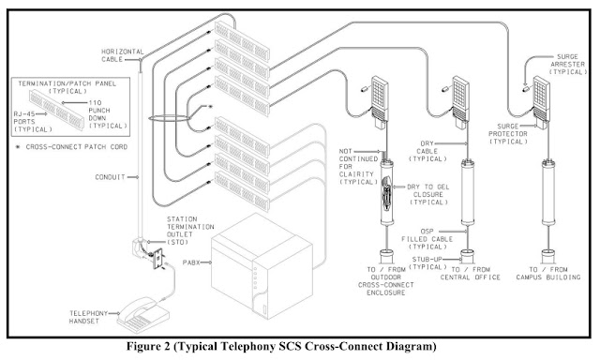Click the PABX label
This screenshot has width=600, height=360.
pyautogui.click(x=191, y=262)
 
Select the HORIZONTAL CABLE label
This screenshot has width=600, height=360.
pyautogui.click(x=123, y=55)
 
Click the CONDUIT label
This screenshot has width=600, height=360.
pyautogui.click(x=110, y=177)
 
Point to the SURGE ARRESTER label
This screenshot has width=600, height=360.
pyautogui.click(x=568, y=65)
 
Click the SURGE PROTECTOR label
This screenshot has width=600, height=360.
pyautogui.click(x=508, y=134)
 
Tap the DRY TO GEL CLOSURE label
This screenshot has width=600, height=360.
pyautogui.click(x=428, y=194)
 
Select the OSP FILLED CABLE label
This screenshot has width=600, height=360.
pyautogui.click(x=427, y=239)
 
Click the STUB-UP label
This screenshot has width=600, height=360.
pyautogui.click(x=427, y=263)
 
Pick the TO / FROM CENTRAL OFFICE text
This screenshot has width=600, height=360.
pyautogui.click(x=471, y=274)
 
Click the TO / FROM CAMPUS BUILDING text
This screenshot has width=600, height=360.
pyautogui.click(x=547, y=274)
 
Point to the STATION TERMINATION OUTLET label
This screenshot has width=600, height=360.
pyautogui.click(x=190, y=231)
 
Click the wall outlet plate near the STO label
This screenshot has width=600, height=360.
pyautogui.click(x=157, y=259)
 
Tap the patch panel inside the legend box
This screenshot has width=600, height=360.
pyautogui.click(x=56, y=110)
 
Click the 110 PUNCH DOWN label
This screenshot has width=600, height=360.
pyautogui.click(x=108, y=114)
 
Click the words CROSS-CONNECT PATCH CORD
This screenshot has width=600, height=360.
pyautogui.click(x=77, y=147)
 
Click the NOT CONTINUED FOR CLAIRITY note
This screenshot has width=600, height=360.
pyautogui.click(x=358, y=167)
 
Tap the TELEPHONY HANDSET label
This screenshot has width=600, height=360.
pyautogui.click(x=89, y=317)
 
